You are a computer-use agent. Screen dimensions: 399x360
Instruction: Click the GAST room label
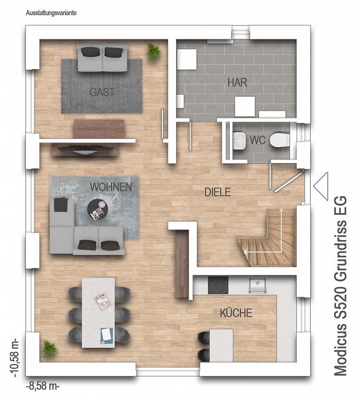tap(102, 92)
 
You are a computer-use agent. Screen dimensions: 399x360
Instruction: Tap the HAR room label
tap(237, 83)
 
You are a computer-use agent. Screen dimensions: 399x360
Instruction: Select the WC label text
tap(258, 140)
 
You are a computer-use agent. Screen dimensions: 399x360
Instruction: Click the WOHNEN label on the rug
tap(111, 187)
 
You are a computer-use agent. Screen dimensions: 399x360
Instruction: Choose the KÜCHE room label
tap(236, 313)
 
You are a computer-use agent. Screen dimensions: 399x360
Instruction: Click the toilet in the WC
tap(281, 139)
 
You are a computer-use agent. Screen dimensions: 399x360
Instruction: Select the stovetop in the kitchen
tap(218, 284)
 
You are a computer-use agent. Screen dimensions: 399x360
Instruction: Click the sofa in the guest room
tap(102, 57)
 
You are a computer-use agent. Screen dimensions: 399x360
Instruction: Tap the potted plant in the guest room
tap(153, 52)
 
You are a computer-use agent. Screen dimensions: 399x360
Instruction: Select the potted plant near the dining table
tap(49, 348)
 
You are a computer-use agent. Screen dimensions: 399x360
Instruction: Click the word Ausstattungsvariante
tap(51, 14)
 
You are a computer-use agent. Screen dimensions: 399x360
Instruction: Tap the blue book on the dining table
tap(107, 334)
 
